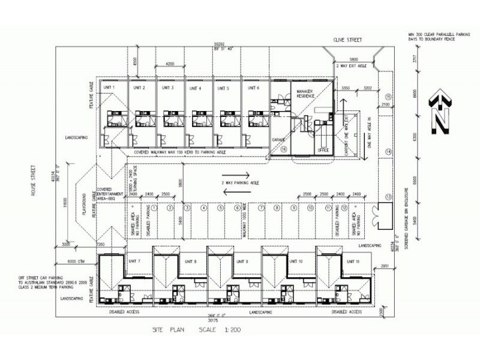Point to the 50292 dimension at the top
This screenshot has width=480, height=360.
click(222, 44)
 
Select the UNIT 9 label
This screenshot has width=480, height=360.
click(242, 261)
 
